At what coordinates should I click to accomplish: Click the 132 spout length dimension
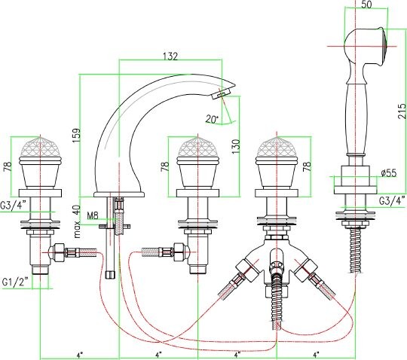coord(170,56)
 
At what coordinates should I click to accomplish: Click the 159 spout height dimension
coord(77,135)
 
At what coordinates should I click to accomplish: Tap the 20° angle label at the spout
coord(213,119)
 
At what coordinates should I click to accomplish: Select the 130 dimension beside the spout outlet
coord(236,146)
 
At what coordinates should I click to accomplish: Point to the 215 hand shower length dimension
coord(402,111)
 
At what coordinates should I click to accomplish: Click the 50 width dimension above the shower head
coord(366,5)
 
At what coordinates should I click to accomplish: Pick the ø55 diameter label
coord(389,172)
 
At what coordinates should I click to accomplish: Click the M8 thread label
coord(93,215)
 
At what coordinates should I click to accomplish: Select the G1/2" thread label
coord(15,282)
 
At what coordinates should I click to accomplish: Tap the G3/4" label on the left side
coord(14,205)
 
